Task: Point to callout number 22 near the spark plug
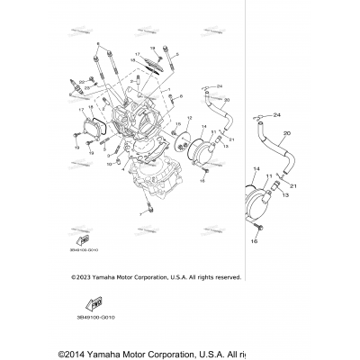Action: click(x=79, y=81)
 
